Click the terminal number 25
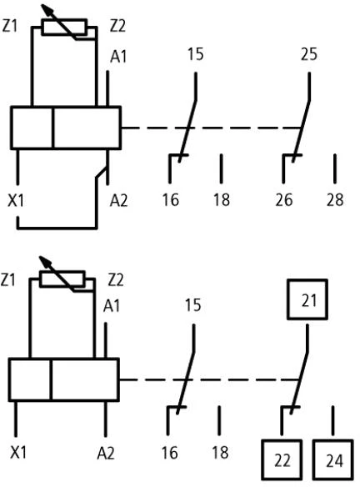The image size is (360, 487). click(x=309, y=54)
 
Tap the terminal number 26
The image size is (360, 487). click(x=283, y=199)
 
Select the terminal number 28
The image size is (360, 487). click(x=335, y=199)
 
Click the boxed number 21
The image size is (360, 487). click(x=307, y=299)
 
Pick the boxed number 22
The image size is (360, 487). click(x=282, y=460)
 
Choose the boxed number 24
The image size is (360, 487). click(x=333, y=460)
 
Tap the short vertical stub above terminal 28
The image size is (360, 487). click(x=334, y=168)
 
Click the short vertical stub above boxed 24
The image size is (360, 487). click(x=332, y=420)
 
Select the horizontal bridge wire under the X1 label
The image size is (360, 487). click(x=57, y=228)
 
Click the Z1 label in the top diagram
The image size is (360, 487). click(x=9, y=26)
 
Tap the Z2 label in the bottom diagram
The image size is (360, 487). click(x=116, y=280)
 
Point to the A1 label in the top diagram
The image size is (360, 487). click(x=118, y=57)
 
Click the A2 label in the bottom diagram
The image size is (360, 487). click(x=106, y=453)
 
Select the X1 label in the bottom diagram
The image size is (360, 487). click(x=18, y=452)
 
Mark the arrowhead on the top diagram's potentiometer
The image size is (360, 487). click(x=46, y=10)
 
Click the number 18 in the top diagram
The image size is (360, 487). click(x=222, y=199)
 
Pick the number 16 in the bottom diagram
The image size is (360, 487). click(x=169, y=453)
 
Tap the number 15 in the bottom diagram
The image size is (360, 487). click(x=192, y=305)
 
